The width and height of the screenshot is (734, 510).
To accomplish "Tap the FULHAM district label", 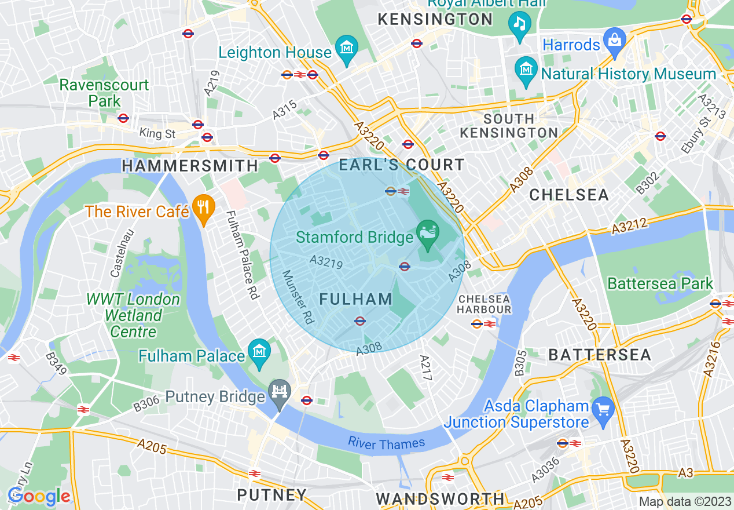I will (x=356, y=300).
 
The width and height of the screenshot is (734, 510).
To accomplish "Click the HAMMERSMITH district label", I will (x=190, y=166).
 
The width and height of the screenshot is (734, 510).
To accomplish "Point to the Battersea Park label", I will (x=660, y=283).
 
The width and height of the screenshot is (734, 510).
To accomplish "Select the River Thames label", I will (x=386, y=444).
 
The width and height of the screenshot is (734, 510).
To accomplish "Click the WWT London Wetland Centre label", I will (x=133, y=316).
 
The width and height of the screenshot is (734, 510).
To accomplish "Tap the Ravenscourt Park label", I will (x=104, y=93).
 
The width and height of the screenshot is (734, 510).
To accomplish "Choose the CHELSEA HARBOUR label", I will (x=485, y=304).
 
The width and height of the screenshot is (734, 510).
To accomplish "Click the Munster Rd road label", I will (x=298, y=297).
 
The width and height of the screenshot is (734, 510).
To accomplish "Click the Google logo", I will (x=39, y=496).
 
